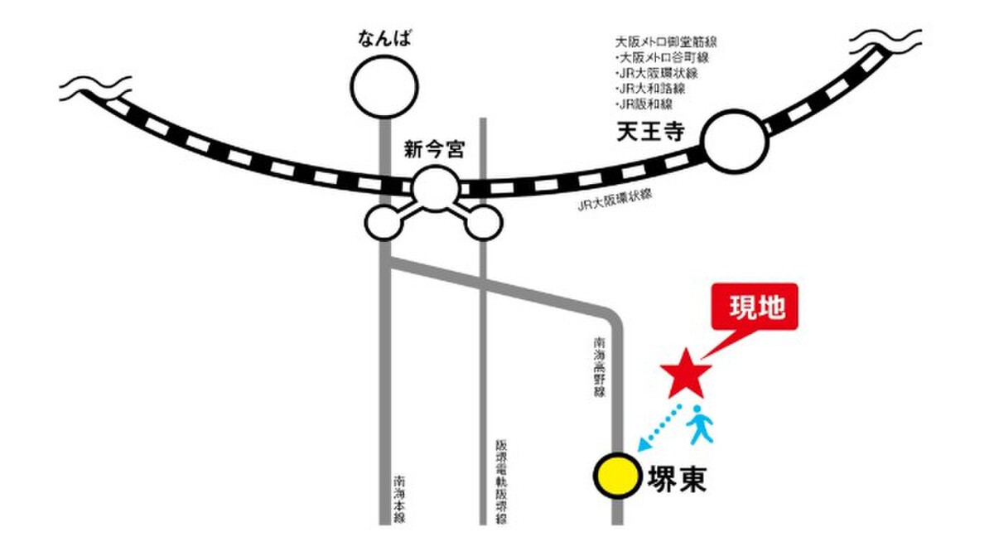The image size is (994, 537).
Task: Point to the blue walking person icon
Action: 699,424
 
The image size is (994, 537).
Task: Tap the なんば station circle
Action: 384,85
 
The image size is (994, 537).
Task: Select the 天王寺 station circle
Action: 736,143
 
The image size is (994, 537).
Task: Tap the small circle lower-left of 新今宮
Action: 384,221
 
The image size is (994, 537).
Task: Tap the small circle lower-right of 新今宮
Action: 486,221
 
